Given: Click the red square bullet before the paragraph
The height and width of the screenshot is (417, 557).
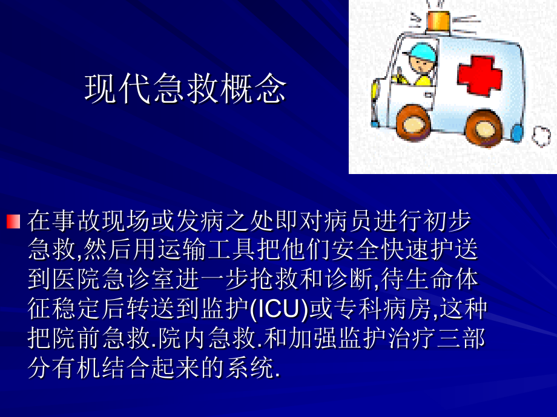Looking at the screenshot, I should pos(13,221).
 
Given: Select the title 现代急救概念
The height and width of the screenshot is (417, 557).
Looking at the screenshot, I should pos(185,89).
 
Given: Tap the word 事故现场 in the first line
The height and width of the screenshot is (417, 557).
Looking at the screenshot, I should pos(88,221).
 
